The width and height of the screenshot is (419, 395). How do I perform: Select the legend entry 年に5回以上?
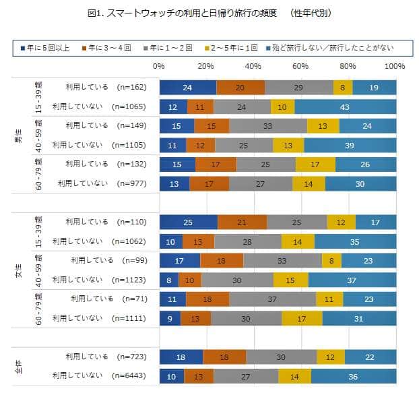(45, 47)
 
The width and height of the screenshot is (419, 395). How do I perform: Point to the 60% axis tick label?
(300, 66)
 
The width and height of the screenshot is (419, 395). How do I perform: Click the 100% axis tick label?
(394, 66)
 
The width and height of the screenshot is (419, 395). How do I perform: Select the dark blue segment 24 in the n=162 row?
(188, 87)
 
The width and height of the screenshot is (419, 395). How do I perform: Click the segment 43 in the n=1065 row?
(345, 107)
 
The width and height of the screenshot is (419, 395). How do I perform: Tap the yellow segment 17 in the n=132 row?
(315, 164)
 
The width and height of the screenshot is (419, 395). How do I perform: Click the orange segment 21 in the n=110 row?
(242, 222)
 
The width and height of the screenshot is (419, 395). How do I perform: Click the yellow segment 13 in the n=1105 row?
(288, 145)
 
